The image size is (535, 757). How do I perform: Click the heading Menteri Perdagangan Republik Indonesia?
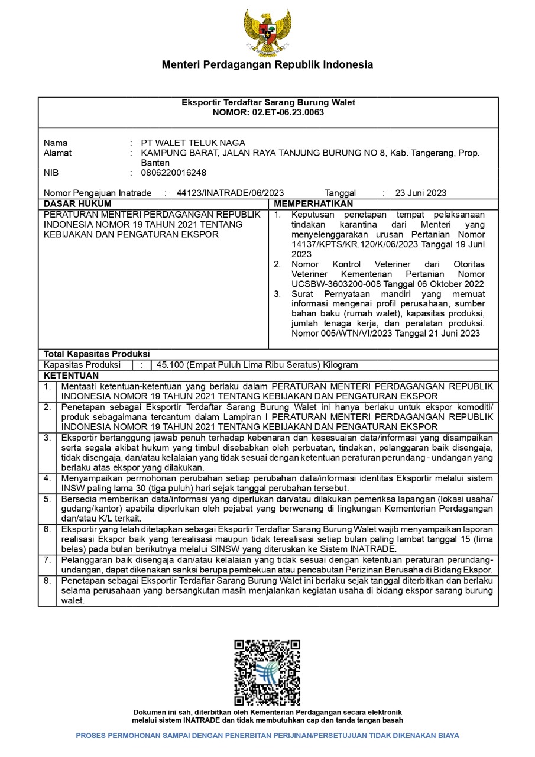(x=267, y=65)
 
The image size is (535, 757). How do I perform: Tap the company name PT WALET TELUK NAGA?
(x=193, y=143)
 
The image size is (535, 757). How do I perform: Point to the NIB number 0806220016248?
(x=174, y=173)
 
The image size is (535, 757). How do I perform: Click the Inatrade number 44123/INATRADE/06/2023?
(x=230, y=193)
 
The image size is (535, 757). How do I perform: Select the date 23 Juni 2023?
(x=421, y=193)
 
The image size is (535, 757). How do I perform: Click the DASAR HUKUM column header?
(x=77, y=204)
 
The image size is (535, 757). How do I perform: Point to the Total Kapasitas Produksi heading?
(x=96, y=354)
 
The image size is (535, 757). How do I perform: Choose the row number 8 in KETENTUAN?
(x=47, y=581)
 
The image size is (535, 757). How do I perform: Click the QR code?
(x=267, y=672)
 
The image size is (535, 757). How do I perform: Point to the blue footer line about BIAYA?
(x=267, y=736)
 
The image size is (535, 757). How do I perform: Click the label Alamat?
(x=58, y=153)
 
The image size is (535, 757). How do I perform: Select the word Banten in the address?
(x=155, y=163)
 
